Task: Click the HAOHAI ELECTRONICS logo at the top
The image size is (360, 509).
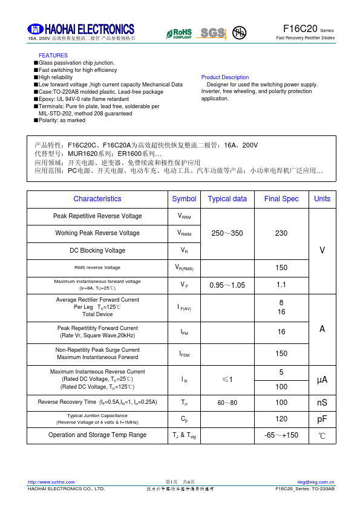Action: (x=81, y=29)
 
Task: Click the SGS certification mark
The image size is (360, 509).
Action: (x=212, y=33)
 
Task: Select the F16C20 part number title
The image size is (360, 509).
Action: (x=300, y=29)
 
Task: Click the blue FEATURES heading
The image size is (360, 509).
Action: (x=53, y=56)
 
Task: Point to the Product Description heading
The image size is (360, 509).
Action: (x=224, y=77)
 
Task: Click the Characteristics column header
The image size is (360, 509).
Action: (x=97, y=199)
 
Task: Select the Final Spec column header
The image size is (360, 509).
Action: (x=281, y=199)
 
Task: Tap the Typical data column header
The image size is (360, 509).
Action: (x=227, y=199)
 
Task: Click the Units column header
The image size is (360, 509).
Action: (x=322, y=199)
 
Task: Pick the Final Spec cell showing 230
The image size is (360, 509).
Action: (x=281, y=233)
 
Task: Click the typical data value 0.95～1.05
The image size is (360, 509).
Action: (x=227, y=285)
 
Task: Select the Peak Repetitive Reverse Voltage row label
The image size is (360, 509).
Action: (x=97, y=216)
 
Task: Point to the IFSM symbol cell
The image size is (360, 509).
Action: (x=184, y=354)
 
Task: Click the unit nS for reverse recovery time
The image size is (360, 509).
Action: (x=322, y=403)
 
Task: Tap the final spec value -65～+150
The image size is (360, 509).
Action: (x=281, y=435)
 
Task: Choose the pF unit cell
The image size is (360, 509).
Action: (x=322, y=418)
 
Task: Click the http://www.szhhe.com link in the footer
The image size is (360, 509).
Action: (x=51, y=482)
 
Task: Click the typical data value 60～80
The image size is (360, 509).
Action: (x=227, y=403)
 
